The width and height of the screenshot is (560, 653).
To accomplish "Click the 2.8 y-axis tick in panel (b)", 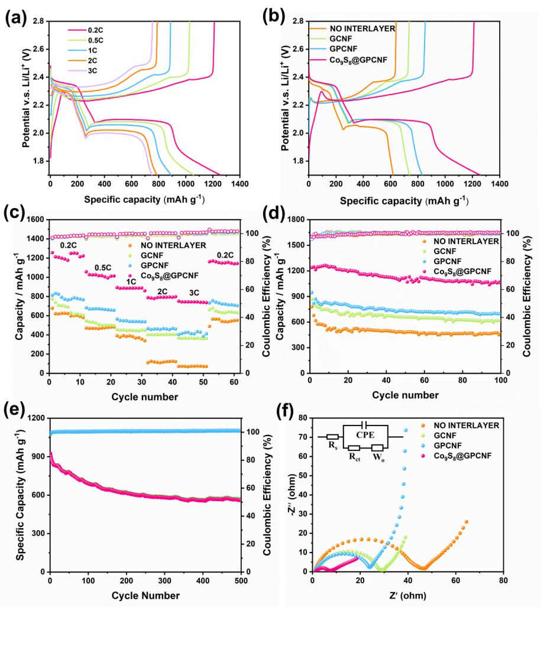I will [x=298, y=21].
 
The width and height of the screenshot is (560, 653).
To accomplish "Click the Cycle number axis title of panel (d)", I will [x=404, y=395].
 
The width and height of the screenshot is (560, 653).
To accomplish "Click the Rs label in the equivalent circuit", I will [x=332, y=444].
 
